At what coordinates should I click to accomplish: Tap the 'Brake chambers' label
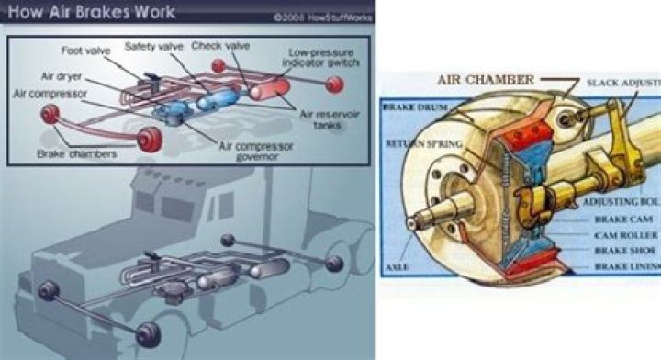[x=77, y=154]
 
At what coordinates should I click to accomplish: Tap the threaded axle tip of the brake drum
[x=423, y=221]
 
